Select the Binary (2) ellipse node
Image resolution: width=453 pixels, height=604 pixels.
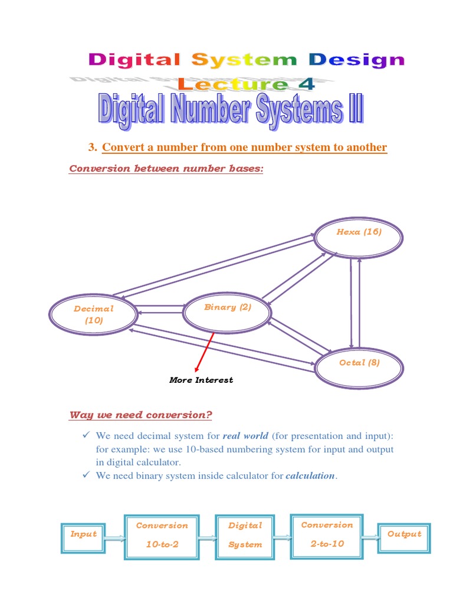pyautogui.click(x=227, y=313)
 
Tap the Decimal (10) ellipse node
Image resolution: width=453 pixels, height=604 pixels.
pyautogui.click(x=93, y=314)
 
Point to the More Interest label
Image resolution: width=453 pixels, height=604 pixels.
pyautogui.click(x=201, y=380)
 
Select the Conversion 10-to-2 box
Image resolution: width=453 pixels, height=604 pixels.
pyautogui.click(x=162, y=536)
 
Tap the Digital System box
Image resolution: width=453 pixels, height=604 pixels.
pyautogui.click(x=245, y=536)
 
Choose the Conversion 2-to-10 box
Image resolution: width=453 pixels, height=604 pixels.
pyautogui.click(x=327, y=536)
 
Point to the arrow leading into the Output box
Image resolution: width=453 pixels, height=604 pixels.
pyautogui.click(x=370, y=537)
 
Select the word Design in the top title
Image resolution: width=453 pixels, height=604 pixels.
pyautogui.click(x=357, y=60)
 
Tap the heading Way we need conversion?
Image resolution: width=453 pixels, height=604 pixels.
pyautogui.click(x=140, y=415)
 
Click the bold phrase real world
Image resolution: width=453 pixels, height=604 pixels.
pyautogui.click(x=245, y=436)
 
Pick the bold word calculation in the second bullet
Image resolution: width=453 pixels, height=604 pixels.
pyautogui.click(x=310, y=476)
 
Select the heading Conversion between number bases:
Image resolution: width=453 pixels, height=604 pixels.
pyautogui.click(x=166, y=169)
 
